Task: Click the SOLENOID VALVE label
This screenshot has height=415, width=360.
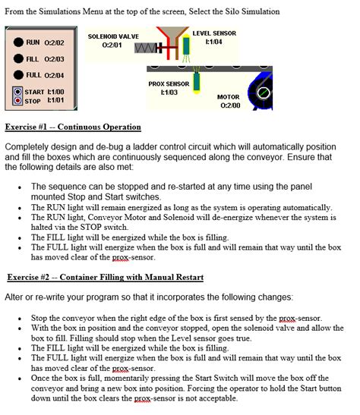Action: pos(113,36)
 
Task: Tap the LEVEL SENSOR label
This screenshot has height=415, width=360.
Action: pos(213,33)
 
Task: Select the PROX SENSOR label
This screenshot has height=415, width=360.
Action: pos(169,83)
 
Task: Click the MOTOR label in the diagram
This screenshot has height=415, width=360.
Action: pos(229,97)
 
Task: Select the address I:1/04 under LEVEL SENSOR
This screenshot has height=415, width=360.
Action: pos(213,42)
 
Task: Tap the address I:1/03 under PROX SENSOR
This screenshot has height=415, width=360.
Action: pos(169,93)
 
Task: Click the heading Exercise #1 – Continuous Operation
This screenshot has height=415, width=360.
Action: pos(72,126)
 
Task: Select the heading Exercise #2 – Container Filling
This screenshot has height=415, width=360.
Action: pos(105,276)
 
